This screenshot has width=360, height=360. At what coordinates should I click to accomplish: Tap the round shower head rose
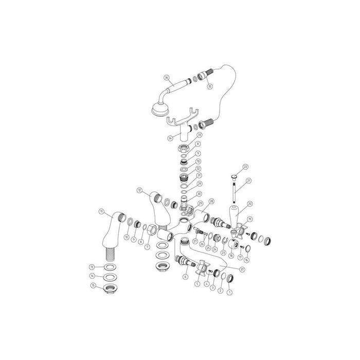point(158,109)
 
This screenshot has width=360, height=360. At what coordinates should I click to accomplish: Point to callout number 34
point(170,138)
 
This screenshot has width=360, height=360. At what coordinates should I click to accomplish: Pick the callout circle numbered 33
point(199,135)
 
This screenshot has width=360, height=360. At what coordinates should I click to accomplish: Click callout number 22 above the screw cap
point(245,167)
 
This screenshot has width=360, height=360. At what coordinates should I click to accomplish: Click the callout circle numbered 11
point(101,212)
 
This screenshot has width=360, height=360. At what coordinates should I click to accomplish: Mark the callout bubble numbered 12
point(139,190)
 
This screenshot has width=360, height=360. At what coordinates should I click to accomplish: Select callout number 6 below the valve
point(186,276)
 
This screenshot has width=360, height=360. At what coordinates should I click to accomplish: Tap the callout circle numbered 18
point(231,254)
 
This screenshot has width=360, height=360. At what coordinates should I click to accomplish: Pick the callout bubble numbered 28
point(211,201)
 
